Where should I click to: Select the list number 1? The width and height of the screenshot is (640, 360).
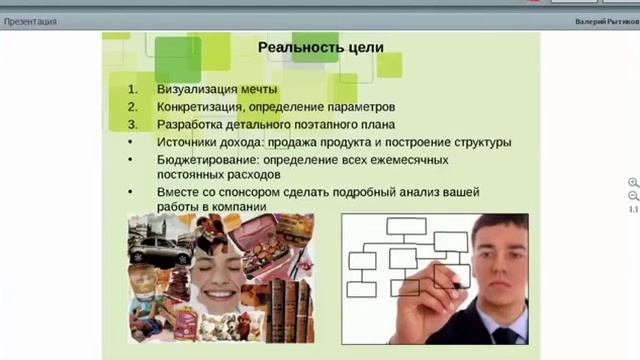(x=131, y=88)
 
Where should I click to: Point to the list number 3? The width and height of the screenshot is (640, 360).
(x=131, y=124)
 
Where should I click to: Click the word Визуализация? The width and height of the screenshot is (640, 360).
(x=195, y=88)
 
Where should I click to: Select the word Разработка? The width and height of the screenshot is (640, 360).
(x=189, y=124)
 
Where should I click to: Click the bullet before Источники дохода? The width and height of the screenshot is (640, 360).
(x=131, y=142)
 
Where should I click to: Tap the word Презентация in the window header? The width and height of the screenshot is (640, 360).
(x=30, y=21)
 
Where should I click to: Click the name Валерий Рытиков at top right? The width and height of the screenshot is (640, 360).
(x=604, y=21)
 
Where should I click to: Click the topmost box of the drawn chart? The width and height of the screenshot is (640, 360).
(x=406, y=226)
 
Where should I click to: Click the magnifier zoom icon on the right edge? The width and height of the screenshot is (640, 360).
(x=633, y=183)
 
